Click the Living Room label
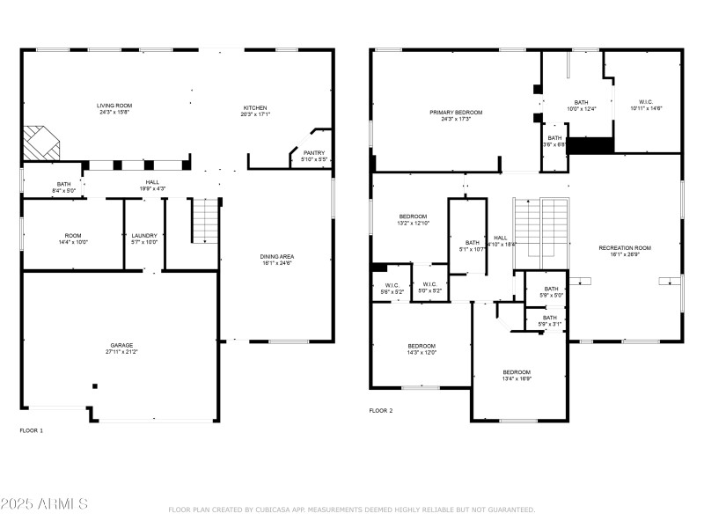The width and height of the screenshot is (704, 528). point(114,109)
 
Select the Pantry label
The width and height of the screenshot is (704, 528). point(314,156)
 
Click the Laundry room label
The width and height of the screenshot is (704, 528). point(143,238)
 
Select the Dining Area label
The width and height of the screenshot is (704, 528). point(276,260)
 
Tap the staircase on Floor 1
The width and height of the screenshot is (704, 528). point(205,221)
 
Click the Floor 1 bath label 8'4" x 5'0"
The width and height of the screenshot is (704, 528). point(64,187)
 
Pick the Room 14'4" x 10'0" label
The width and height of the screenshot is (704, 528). point(72,238)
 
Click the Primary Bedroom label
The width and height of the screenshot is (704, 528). point(456,115)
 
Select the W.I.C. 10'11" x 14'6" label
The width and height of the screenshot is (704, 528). point(645,106)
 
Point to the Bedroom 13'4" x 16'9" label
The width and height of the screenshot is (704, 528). point(517,375)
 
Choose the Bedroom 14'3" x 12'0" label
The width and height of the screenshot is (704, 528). point(422,348)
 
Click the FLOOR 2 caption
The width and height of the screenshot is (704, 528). point(381,410)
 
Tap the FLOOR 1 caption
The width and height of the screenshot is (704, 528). point(31,430)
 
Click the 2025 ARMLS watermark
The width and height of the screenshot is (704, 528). point(44,504)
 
